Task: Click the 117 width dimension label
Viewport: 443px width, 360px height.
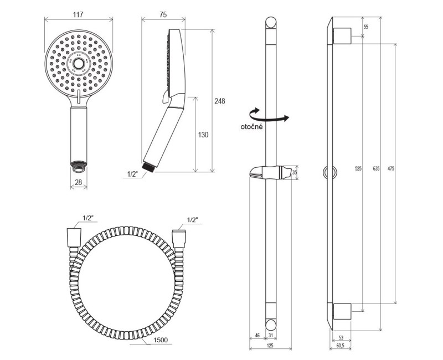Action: [78, 14]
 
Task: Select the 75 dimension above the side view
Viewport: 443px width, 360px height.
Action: [163, 15]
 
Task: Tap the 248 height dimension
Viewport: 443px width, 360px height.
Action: [219, 101]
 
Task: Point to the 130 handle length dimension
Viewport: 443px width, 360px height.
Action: [203, 135]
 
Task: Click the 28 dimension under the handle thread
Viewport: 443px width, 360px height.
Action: [79, 182]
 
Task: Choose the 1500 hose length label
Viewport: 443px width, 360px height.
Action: [160, 340]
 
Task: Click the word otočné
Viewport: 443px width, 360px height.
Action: [251, 127]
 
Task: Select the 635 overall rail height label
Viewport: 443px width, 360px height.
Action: [376, 169]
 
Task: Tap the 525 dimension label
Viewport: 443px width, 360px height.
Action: [358, 169]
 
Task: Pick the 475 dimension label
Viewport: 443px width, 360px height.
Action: [391, 169]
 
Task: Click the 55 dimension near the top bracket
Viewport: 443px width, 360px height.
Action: [366, 27]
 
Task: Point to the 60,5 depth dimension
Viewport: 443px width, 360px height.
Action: [340, 345]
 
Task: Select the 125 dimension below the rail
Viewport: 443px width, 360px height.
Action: [270, 345]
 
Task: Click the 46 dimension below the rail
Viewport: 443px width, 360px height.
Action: [257, 336]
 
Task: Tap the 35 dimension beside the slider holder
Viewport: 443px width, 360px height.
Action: [295, 173]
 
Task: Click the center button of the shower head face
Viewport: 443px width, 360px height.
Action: [78, 64]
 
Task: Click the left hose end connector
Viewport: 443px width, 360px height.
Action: [74, 238]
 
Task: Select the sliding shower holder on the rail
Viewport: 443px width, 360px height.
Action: [270, 172]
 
